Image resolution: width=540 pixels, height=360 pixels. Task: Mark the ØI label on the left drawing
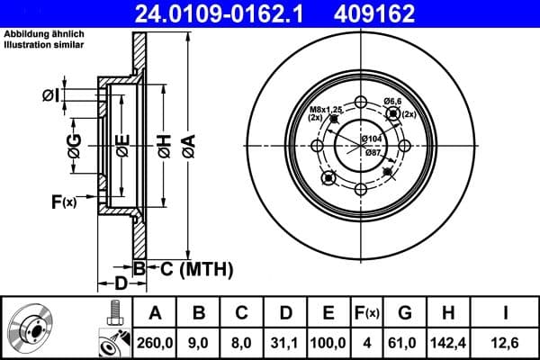50,95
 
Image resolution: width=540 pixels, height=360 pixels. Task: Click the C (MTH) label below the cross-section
196,268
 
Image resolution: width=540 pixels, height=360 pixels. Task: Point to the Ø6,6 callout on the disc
392,101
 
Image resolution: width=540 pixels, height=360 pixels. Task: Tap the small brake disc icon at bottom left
33,328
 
